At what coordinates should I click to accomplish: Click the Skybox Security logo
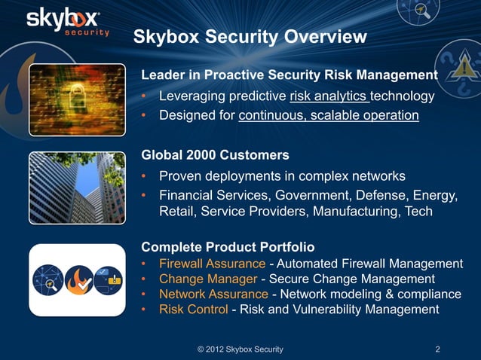[68, 22]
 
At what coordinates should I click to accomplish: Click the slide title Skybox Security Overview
[250, 37]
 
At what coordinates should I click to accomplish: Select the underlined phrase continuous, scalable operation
[328, 116]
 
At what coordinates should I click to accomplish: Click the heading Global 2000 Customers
[216, 156]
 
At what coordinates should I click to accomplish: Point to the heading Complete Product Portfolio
[228, 247]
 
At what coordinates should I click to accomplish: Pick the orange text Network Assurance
[213, 294]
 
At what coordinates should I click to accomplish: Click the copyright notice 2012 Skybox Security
[240, 349]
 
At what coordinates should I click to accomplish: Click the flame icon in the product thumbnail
[78, 279]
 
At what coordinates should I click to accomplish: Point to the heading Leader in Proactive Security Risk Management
[290, 75]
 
